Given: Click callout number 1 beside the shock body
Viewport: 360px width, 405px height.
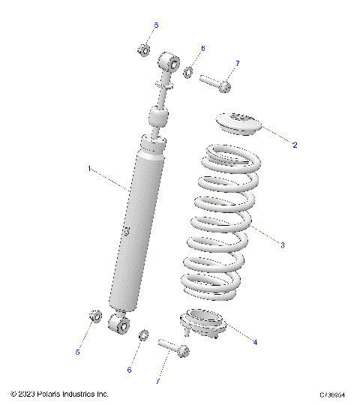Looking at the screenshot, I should pyautogui.click(x=90, y=169).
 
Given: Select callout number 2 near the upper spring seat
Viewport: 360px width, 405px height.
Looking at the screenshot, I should pyautogui.click(x=295, y=145).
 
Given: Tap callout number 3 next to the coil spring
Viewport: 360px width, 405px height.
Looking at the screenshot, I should pyautogui.click(x=282, y=244).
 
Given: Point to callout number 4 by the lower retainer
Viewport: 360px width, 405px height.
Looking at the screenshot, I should pyautogui.click(x=255, y=342).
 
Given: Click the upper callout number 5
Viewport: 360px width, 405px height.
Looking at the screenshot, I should pyautogui.click(x=156, y=26).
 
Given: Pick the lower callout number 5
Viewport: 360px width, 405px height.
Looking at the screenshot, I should pyautogui.click(x=76, y=351).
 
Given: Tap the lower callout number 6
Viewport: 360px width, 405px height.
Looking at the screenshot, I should pyautogui.click(x=129, y=370).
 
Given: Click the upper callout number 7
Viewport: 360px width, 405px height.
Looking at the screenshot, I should pyautogui.click(x=237, y=63).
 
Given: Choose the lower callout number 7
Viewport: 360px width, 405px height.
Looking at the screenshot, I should pyautogui.click(x=158, y=381).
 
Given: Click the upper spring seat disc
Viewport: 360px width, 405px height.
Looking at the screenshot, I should pyautogui.click(x=240, y=122).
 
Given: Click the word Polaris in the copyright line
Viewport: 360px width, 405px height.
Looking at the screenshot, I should pyautogui.click(x=52, y=394).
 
